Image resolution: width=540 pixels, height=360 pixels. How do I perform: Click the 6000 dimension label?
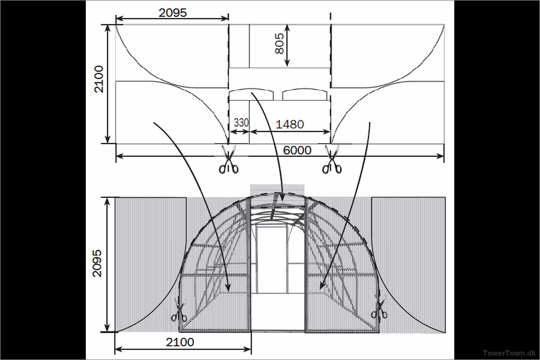coord(297,150)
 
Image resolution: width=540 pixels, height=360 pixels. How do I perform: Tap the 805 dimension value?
coord(279,44)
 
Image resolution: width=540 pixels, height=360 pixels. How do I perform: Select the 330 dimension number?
coord(241,123)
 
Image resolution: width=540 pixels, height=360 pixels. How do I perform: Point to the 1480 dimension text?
coord(290,124)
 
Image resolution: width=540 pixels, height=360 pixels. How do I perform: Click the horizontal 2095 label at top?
coord(172,13)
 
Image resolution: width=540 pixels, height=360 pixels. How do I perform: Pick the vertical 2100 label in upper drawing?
coord(99,79)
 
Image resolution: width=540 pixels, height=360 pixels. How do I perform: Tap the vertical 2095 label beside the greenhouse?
coord(97,263)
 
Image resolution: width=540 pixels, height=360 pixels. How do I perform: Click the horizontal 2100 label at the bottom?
coord(180,342)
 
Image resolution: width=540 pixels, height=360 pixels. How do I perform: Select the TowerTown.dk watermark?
coord(509,353)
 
